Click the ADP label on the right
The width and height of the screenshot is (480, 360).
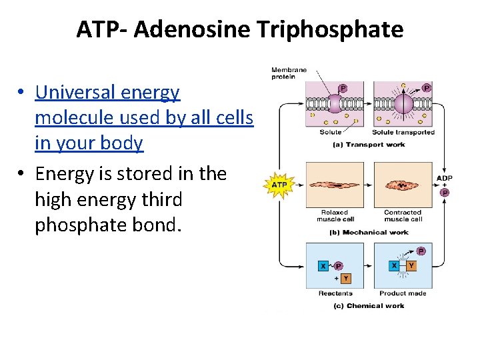coord(445,178)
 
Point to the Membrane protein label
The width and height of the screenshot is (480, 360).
coord(289,73)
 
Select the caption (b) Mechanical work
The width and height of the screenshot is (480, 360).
coord(369,232)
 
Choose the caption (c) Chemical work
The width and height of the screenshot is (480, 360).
coord(369,306)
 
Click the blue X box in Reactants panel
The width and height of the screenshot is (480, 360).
coord(323,265)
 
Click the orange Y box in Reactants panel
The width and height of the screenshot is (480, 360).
coord(345,278)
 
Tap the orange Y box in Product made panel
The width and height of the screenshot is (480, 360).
coord(411,265)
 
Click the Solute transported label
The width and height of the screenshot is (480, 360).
coord(403,132)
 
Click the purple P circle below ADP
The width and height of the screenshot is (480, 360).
coord(445,193)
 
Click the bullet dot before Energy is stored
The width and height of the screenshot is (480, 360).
coord(22,175)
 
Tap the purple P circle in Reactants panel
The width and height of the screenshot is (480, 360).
coord(339,265)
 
